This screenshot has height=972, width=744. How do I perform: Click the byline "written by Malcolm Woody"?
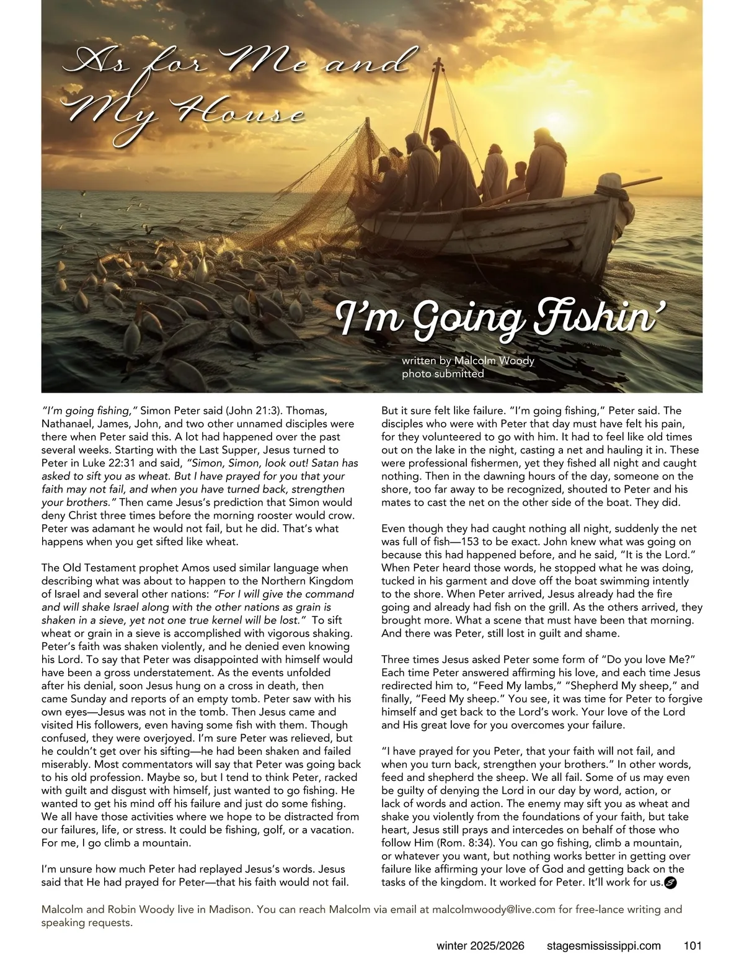tap(467, 360)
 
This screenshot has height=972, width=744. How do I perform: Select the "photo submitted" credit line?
tap(443, 373)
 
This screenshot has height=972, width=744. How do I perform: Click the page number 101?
tap(692, 946)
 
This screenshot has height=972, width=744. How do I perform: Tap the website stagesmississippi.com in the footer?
tap(604, 946)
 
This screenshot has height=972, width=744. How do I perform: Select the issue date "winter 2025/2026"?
tap(480, 946)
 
